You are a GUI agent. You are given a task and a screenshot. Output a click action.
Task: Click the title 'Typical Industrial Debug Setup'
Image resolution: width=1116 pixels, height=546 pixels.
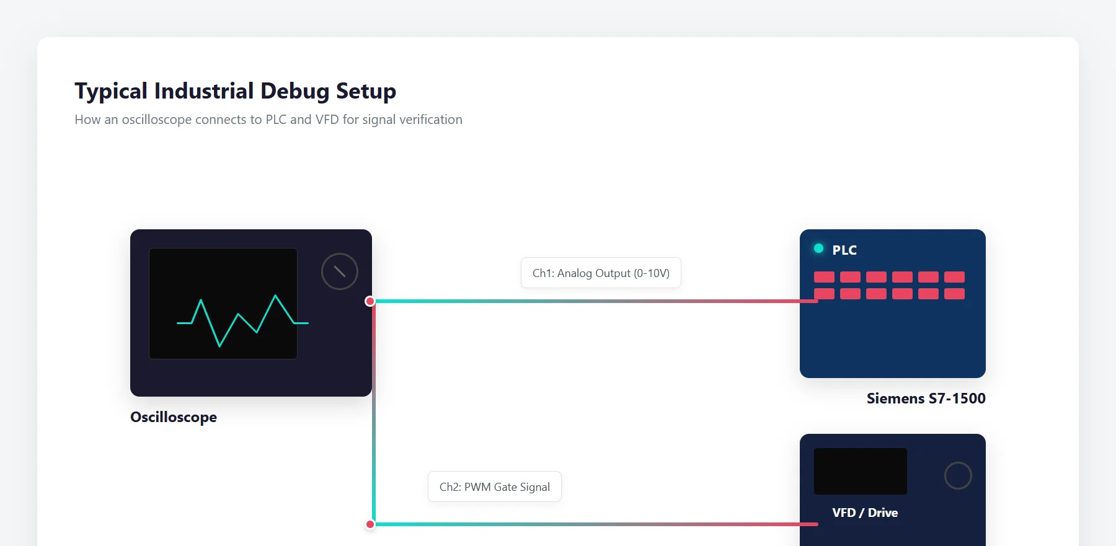tap(236, 91)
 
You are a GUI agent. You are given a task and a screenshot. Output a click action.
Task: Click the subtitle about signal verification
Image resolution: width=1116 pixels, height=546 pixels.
tap(268, 120)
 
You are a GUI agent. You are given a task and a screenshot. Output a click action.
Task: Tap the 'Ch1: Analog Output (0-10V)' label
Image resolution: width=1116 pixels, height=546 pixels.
tap(601, 273)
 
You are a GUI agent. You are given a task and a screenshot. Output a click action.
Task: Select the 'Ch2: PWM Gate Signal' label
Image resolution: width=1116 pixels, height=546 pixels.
tap(495, 487)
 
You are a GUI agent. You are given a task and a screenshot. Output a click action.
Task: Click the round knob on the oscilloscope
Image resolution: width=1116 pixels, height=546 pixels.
tap(340, 271)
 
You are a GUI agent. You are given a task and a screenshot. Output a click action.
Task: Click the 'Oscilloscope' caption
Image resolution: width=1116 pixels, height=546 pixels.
tap(174, 417)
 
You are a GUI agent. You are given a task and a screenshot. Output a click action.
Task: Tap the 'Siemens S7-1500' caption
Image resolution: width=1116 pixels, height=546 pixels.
tap(926, 398)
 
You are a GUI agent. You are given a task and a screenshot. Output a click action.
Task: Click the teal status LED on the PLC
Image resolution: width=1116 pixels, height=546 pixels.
tap(818, 249)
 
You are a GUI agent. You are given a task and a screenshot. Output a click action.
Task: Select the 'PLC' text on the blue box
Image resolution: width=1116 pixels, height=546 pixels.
tap(844, 250)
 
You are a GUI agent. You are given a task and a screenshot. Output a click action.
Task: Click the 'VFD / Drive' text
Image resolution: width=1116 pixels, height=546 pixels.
tap(865, 513)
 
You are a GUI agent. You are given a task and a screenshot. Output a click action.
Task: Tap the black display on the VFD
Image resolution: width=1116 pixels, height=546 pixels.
tap(861, 471)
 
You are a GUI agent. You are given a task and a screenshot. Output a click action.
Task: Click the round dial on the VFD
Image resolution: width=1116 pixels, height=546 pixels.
tap(958, 475)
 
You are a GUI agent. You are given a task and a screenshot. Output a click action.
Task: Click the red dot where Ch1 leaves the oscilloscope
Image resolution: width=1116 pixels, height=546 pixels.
tap(370, 301)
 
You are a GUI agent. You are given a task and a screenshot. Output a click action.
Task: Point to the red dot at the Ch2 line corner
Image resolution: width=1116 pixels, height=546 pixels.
tap(370, 524)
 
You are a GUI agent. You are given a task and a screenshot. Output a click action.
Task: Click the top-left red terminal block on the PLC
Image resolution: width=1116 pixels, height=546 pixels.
tap(824, 277)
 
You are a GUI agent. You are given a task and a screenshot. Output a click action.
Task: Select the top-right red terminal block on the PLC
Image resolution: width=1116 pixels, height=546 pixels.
tap(954, 277)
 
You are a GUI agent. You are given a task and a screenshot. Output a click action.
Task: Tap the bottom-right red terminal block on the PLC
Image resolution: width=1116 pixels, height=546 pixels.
tap(954, 294)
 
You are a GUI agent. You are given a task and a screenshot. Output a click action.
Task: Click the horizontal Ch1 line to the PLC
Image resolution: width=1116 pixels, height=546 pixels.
tap(596, 301)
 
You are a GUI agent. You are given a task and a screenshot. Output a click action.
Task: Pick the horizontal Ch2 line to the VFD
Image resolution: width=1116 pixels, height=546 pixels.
tap(596, 524)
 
